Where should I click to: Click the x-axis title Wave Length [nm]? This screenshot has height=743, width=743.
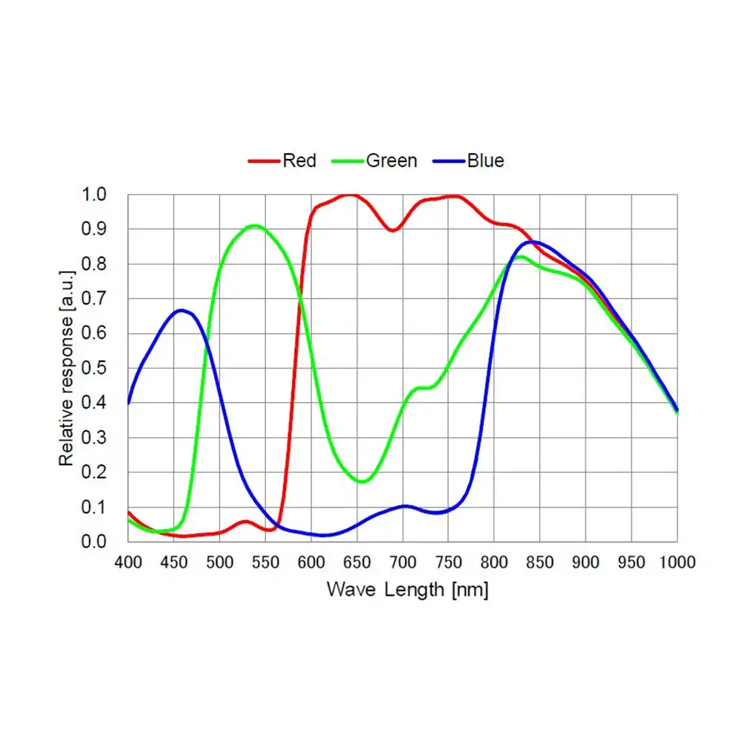pyautogui.click(x=407, y=590)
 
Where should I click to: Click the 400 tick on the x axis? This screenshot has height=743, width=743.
pyautogui.click(x=128, y=562)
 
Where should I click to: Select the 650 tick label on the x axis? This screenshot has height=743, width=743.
pyautogui.click(x=357, y=562)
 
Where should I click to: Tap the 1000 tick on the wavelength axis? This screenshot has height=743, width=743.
pyautogui.click(x=676, y=562)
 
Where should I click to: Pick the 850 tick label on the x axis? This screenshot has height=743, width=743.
pyautogui.click(x=540, y=562)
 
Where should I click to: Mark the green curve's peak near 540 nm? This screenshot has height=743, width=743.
pyautogui.click(x=254, y=225)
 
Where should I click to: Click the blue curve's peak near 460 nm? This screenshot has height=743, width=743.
pyautogui.click(x=181, y=310)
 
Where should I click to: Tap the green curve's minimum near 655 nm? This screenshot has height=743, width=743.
pyautogui.click(x=362, y=481)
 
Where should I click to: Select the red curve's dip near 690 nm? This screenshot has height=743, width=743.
pyautogui.click(x=392, y=230)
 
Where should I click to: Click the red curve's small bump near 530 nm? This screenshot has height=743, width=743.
pyautogui.click(x=246, y=522)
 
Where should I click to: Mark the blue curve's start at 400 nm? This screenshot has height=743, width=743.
pyautogui.click(x=129, y=402)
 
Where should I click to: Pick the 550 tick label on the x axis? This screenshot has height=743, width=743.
pyautogui.click(x=265, y=562)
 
